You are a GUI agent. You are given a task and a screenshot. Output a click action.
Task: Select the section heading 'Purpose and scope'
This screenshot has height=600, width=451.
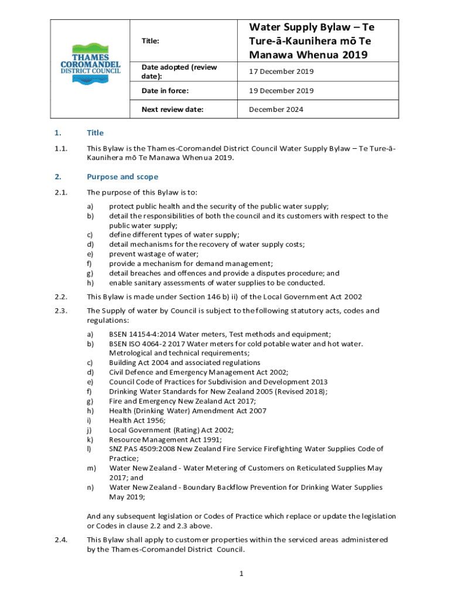pyautogui.click(x=122, y=176)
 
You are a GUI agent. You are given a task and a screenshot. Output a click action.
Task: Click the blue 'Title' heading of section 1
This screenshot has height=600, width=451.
pyautogui.click(x=95, y=133)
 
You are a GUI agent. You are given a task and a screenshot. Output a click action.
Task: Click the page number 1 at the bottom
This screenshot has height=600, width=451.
pyautogui.click(x=241, y=573)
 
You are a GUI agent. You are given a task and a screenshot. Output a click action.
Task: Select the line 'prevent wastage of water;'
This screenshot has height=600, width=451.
pyautogui.click(x=153, y=254)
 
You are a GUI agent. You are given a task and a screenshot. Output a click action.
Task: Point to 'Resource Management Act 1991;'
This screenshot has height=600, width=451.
pyautogui.click(x=165, y=439)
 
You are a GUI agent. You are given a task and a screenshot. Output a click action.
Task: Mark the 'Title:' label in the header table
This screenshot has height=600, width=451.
pyautogui.click(x=151, y=41)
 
